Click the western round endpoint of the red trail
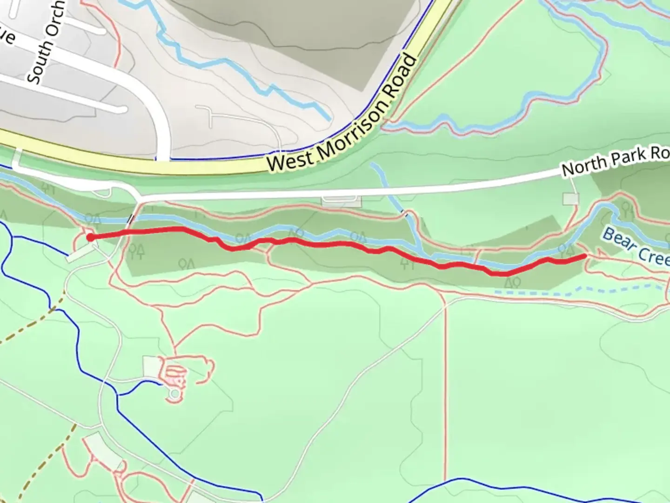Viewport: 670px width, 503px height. (90, 238)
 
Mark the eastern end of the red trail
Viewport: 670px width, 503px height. (584, 256)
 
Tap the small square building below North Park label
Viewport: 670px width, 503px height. (570, 199)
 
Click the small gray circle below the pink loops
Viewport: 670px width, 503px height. (174, 395)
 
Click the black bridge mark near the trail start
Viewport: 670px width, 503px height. (132, 218)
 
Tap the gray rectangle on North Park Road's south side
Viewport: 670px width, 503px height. (342, 201)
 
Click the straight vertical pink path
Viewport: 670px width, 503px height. (445, 373)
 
